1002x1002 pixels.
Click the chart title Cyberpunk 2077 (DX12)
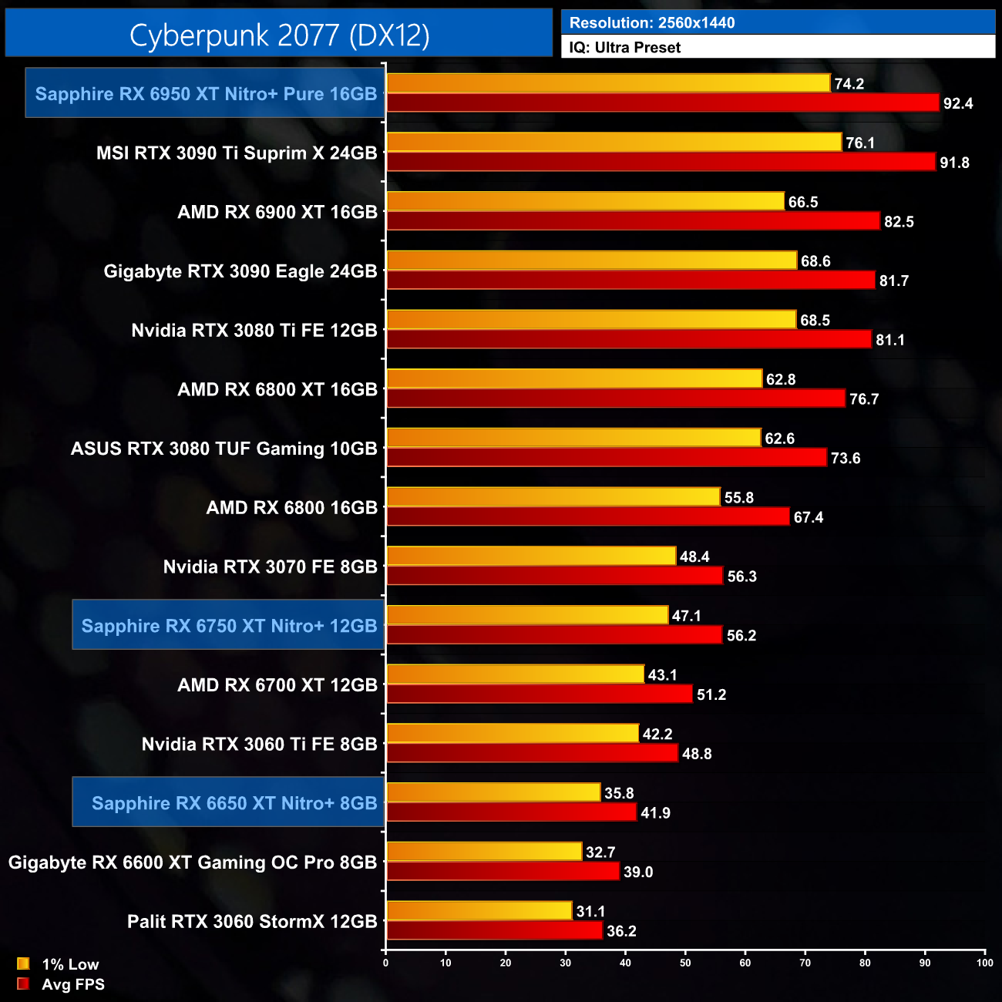point(279,35)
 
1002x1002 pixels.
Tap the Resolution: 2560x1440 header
point(651,22)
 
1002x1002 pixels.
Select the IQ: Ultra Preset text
point(624,48)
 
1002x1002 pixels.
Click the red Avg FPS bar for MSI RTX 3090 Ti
point(661,162)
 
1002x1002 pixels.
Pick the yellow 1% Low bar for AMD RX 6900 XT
point(585,201)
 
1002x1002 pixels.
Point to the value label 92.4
point(957,103)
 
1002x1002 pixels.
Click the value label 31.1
point(590,911)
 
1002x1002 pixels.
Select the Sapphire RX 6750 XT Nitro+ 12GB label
point(229,626)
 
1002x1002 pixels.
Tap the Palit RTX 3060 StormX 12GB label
point(252,921)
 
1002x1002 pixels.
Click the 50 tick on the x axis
point(685,963)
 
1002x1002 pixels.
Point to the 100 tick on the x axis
point(984,963)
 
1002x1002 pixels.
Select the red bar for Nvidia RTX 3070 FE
point(554,576)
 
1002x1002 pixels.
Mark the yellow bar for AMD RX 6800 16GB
point(553,497)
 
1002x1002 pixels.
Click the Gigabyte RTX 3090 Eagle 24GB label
point(240,271)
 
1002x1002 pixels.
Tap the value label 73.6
point(845,458)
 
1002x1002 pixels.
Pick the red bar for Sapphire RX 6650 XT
point(511,812)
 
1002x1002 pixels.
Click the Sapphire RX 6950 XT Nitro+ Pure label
point(206,94)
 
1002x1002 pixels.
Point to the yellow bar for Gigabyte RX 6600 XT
point(483,852)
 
